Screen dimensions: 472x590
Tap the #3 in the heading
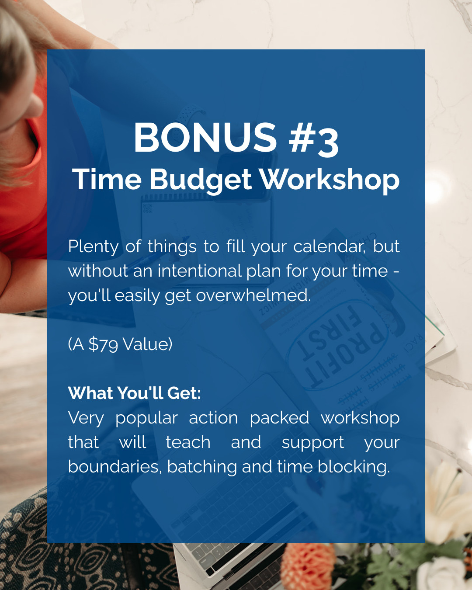pos(313,139)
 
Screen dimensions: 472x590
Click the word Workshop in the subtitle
pos(330,180)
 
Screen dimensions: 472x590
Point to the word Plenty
pos(93,247)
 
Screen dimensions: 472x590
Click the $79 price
pos(104,345)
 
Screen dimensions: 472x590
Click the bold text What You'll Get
pos(134,393)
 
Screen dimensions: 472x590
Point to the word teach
pos(188,442)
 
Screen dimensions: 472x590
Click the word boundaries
pos(113,467)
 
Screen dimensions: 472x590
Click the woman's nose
pos(35,106)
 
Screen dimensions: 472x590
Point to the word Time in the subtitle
pos(107,180)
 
